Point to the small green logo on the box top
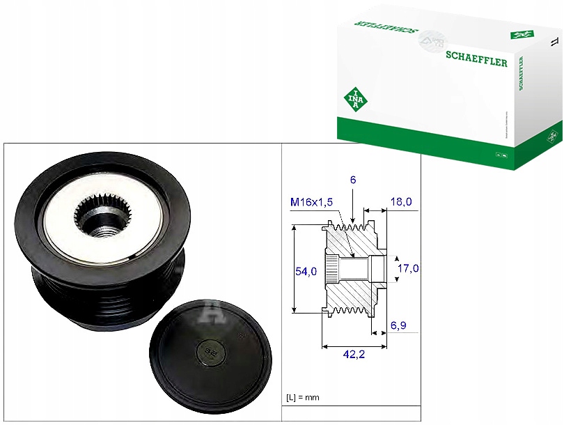(519, 33)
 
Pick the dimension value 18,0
(400, 202)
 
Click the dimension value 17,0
(407, 268)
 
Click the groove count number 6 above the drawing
(353, 180)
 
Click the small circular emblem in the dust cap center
(208, 352)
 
